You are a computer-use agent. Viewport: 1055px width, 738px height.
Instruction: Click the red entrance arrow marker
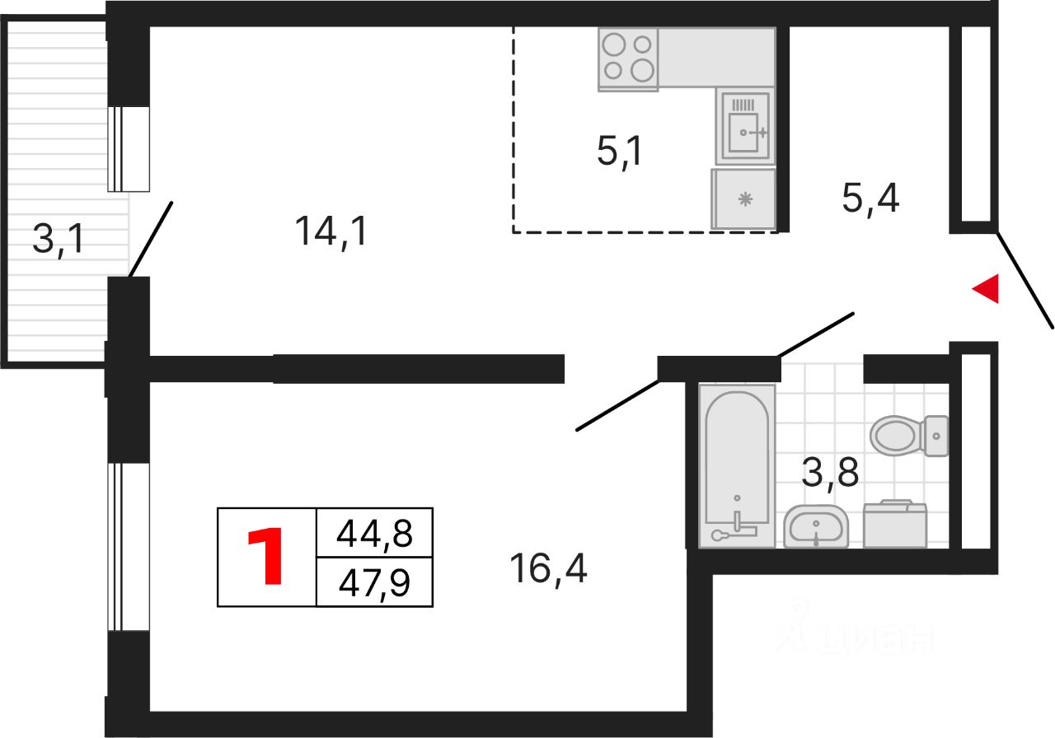(987, 288)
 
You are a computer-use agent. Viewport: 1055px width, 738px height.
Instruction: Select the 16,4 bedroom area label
(548, 568)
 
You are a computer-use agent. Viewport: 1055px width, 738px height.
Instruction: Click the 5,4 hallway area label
(870, 198)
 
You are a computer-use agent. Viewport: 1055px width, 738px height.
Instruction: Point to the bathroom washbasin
(815, 526)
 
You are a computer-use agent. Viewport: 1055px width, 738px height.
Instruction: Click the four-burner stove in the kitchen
(628, 58)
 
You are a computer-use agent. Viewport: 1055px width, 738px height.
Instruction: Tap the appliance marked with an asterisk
(744, 199)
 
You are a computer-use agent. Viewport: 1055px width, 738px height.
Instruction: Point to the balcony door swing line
(151, 238)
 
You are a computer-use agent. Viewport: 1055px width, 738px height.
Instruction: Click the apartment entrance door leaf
(1025, 280)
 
